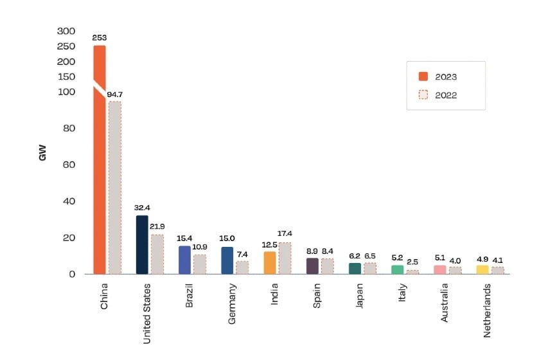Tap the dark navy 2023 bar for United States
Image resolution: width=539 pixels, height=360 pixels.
coord(142,244)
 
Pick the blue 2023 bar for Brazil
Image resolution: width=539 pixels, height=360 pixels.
coord(184,260)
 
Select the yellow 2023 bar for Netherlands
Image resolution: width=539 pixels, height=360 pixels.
coord(482,269)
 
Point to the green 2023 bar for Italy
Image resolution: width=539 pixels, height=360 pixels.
coord(398,269)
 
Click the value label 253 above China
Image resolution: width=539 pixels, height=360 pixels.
coord(99,38)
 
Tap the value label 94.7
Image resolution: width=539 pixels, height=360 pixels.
coord(115,94)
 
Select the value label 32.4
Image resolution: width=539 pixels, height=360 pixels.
coord(142,208)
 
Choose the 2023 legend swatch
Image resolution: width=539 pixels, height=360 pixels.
coord(423,76)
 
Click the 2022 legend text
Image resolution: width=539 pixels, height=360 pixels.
coord(446,95)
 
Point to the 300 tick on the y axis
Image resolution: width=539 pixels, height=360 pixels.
coord(66,31)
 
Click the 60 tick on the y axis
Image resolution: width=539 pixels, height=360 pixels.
coord(69,165)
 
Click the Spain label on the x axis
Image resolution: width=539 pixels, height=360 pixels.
coord(317,296)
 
